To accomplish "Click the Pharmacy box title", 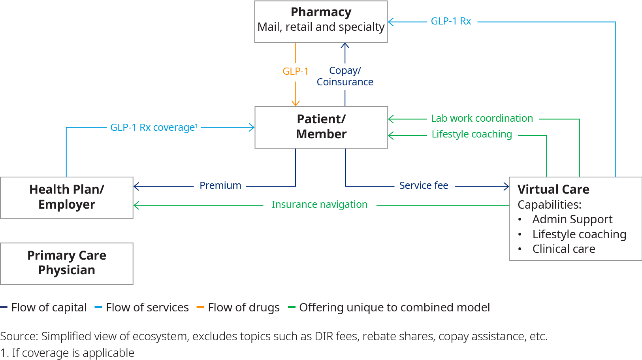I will tap(321, 12).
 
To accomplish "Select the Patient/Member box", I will tap(321, 127).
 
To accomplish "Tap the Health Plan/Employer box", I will tap(67, 197).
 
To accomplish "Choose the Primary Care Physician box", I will tap(67, 263).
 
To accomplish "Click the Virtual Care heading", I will tap(553, 189).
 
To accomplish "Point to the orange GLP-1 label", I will tap(295, 72).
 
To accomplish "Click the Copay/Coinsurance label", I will tap(345, 76).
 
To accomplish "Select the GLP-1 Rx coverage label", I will tap(154, 128).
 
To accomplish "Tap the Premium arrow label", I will tap(220, 186).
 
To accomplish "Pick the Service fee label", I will tap(424, 186).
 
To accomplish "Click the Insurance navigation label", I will tap(319, 205).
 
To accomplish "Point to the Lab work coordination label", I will tap(482, 119).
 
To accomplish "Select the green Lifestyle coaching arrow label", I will tap(471, 134).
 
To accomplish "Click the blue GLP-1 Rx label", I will tap(451, 21).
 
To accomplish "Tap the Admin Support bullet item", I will tap(572, 219).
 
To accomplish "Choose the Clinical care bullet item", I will tap(563, 249).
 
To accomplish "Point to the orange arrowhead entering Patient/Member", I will tap(296, 104).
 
